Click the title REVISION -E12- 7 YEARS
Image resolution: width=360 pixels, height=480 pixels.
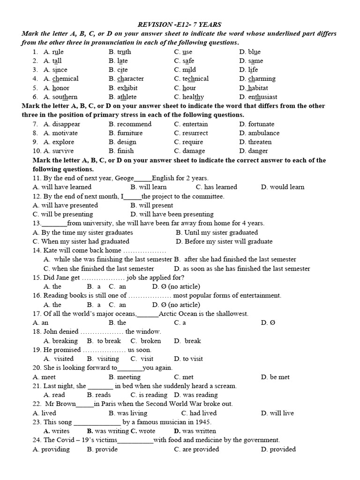179,24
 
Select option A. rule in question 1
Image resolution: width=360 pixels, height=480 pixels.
53,52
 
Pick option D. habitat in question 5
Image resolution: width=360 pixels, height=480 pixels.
254,88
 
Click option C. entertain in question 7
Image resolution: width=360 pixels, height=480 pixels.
191,124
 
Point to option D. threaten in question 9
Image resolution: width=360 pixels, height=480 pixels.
255,142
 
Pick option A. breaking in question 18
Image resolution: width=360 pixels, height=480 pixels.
60,341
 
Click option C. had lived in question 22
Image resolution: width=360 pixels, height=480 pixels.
199,413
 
